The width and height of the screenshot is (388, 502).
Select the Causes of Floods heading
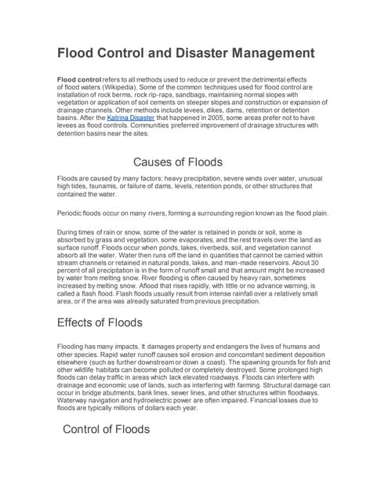178,162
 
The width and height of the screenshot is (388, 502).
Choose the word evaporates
216,242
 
